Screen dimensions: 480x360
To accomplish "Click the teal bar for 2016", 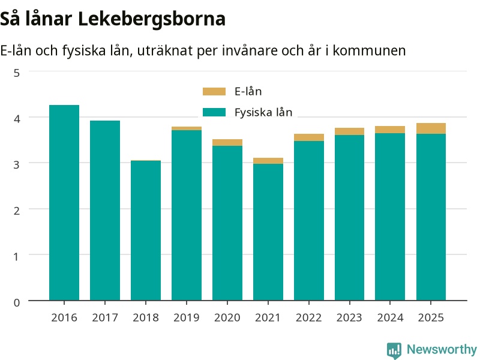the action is pyautogui.click(x=64, y=203).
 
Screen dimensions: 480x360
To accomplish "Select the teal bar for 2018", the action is pyautogui.click(x=146, y=230).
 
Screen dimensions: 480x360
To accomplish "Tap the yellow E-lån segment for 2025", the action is pyautogui.click(x=431, y=128).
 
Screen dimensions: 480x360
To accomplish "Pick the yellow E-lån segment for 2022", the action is pyautogui.click(x=309, y=137).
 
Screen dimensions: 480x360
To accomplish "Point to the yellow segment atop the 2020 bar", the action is pyautogui.click(x=227, y=143).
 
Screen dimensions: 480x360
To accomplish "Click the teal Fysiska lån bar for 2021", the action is pyautogui.click(x=268, y=232).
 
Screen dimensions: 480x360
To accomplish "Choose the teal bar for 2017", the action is pyautogui.click(x=105, y=211).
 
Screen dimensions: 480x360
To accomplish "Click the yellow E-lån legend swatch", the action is pyautogui.click(x=214, y=92).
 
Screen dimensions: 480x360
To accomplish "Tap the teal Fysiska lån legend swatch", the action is pyautogui.click(x=214, y=112).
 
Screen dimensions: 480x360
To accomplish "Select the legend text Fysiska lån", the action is pyautogui.click(x=263, y=112).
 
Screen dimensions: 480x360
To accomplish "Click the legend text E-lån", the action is pyautogui.click(x=248, y=92).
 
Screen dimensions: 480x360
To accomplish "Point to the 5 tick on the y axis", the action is pyautogui.click(x=17, y=73).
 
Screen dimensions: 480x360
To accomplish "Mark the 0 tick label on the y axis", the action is pyautogui.click(x=17, y=302).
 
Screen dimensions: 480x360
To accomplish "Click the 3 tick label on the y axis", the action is pyautogui.click(x=17, y=164).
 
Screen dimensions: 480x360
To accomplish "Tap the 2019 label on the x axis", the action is pyautogui.click(x=187, y=318).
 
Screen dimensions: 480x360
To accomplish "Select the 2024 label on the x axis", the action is pyautogui.click(x=391, y=318).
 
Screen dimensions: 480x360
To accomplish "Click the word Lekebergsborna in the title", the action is pyautogui.click(x=152, y=19).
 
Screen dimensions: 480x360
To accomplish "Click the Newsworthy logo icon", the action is pyautogui.click(x=394, y=350).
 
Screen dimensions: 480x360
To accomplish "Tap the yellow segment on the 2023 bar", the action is pyautogui.click(x=350, y=131).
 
